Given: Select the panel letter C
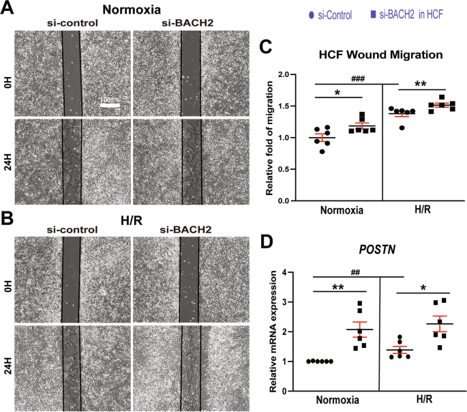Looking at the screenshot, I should click(267, 46).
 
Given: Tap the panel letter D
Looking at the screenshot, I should click(267, 243).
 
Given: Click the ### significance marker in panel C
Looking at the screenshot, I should click(358, 78).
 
